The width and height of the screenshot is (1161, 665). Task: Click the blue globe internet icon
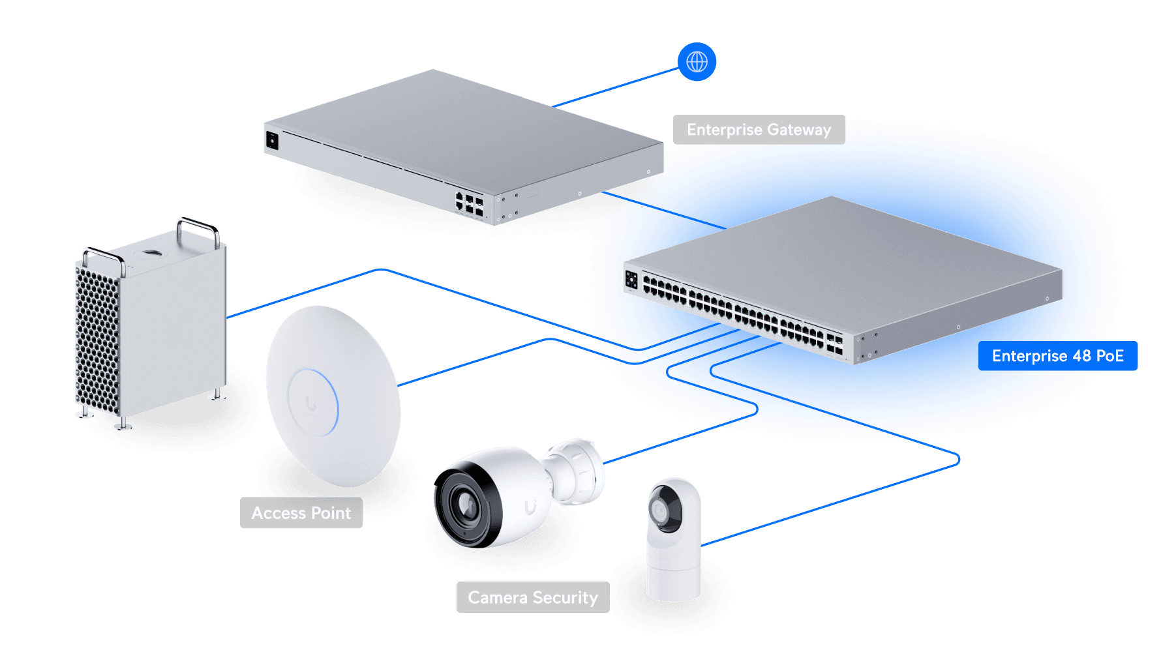click(697, 62)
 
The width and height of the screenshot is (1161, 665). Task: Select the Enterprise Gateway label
click(759, 130)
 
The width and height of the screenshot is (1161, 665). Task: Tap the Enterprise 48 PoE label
click(1057, 356)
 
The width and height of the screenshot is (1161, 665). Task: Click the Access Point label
click(301, 513)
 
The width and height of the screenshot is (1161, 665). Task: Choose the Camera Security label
click(532, 597)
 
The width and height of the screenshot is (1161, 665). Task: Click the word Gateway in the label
click(799, 130)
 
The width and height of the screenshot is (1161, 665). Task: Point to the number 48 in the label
click(1081, 356)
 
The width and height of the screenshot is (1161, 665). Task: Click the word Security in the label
click(565, 597)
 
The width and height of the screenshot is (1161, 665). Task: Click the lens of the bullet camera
click(466, 505)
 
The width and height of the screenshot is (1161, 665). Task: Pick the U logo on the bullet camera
click(531, 506)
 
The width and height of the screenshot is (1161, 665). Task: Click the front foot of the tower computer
click(122, 426)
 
